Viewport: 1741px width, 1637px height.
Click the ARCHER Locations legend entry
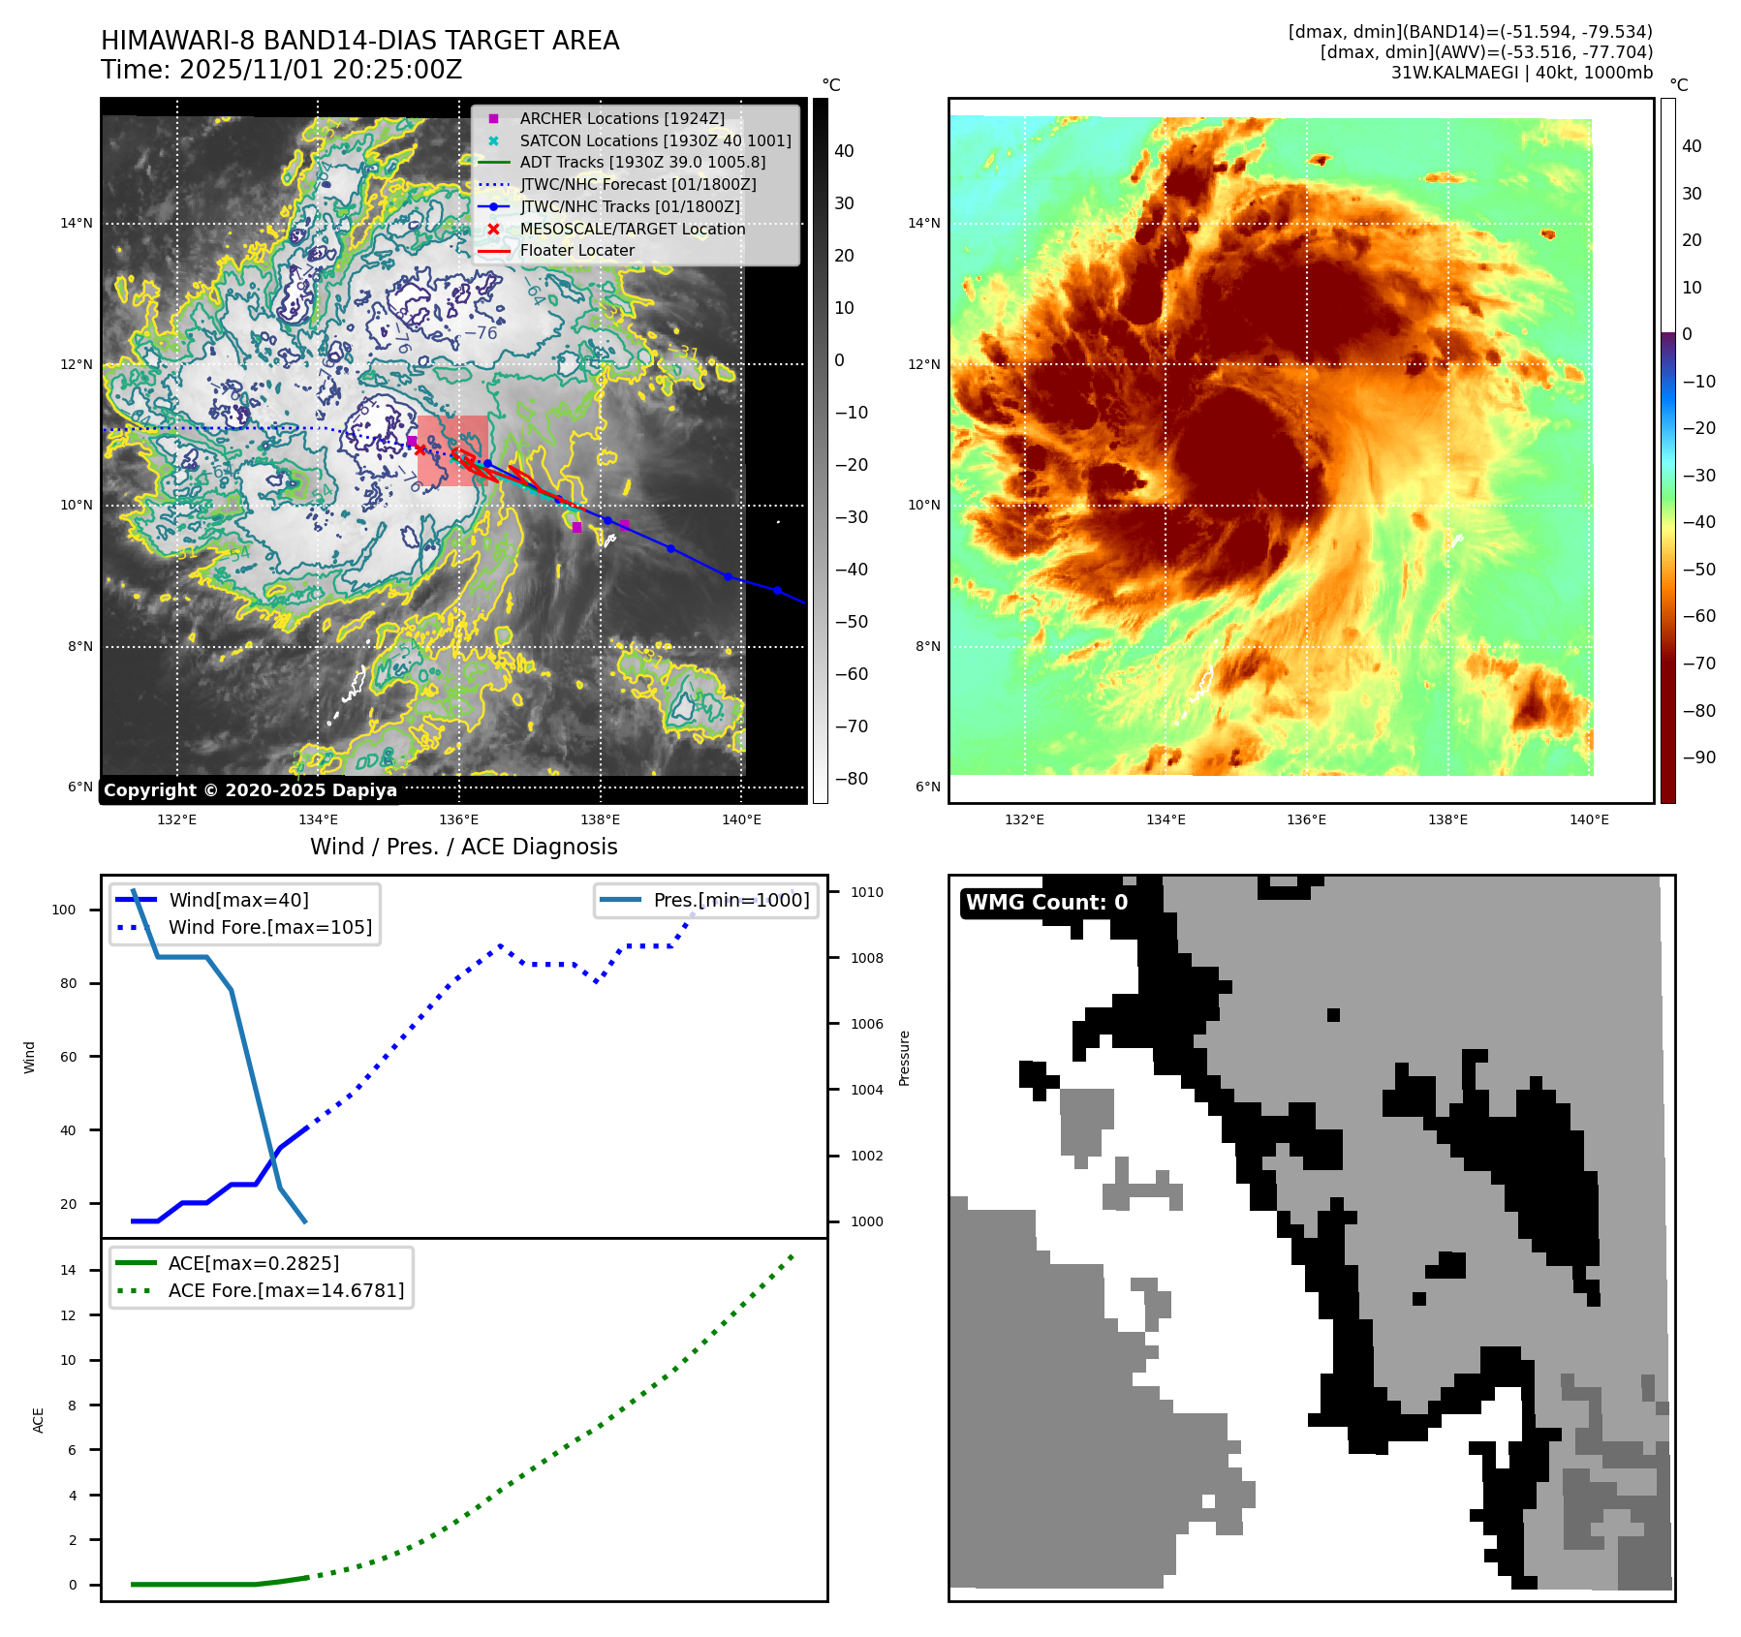[621, 118]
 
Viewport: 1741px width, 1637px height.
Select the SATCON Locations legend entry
[655, 140]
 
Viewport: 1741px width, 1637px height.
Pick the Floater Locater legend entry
[576, 250]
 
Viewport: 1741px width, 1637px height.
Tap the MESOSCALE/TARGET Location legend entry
[632, 229]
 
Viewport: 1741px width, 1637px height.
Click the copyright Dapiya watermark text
[250, 790]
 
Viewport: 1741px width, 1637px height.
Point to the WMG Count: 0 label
[1046, 903]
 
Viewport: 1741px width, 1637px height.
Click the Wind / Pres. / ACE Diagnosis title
[463, 847]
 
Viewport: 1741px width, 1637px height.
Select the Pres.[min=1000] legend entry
[731, 900]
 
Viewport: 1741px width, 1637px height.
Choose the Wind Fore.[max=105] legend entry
[269, 927]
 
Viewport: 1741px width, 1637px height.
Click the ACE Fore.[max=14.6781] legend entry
[286, 1290]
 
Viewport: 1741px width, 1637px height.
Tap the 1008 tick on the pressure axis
[866, 958]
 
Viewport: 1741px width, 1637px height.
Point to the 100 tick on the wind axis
[64, 910]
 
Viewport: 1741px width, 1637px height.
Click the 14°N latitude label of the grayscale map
[77, 224]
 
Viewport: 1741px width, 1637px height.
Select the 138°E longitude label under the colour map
[1447, 819]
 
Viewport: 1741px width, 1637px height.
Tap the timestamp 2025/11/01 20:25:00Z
[321, 71]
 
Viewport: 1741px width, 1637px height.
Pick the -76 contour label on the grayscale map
[481, 333]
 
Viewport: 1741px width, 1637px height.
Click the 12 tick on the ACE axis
[68, 1315]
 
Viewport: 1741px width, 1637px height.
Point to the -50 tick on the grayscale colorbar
[851, 622]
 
